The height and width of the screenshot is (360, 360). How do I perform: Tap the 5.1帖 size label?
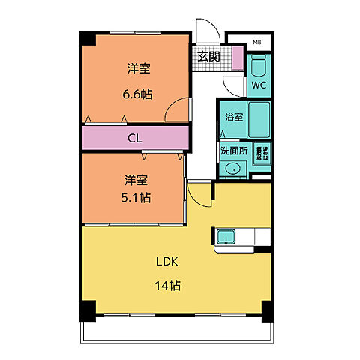click(x=136, y=198)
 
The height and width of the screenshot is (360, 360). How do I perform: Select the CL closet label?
click(x=135, y=137)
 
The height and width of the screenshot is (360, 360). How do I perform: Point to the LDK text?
click(x=166, y=262)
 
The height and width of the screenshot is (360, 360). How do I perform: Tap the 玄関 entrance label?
click(x=208, y=56)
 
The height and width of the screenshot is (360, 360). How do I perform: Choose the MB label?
click(x=256, y=42)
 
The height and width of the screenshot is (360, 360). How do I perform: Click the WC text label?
click(x=259, y=85)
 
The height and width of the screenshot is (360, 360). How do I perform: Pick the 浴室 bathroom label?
click(x=233, y=117)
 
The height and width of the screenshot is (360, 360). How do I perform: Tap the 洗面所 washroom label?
click(x=233, y=150)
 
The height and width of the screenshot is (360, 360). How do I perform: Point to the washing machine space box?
click(x=262, y=154)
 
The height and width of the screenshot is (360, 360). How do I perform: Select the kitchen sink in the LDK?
click(x=226, y=238)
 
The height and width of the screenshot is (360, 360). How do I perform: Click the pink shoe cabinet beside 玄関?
click(x=236, y=57)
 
